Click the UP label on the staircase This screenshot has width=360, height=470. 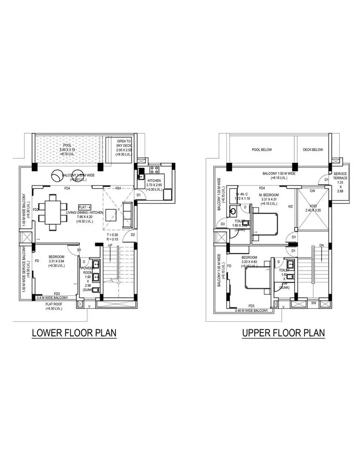(110, 246)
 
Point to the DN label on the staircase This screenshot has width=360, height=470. (321, 246)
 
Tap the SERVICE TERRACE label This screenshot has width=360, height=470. (340, 176)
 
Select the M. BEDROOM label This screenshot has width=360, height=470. (269, 194)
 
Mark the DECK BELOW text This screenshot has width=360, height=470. (313, 149)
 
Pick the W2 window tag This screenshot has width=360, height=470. (290, 206)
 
